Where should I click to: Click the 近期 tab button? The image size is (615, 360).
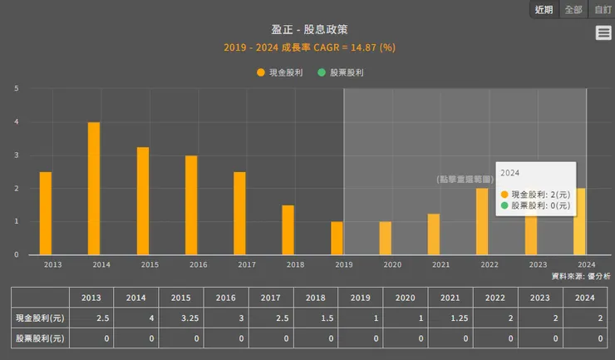544,10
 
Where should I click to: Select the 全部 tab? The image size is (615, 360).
573,10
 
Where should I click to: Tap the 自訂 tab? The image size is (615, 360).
602,10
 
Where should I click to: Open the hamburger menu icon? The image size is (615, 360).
603,32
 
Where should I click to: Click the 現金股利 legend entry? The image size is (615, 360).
280,72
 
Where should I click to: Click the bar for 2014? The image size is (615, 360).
94,189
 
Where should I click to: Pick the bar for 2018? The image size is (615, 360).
288,230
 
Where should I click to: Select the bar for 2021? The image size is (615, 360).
433,234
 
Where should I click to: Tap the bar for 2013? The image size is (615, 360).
46,214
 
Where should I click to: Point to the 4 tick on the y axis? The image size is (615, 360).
16,122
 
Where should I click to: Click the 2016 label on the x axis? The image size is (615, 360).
198,264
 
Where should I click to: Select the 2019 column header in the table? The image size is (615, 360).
360,297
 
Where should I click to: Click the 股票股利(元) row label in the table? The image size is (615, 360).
41,338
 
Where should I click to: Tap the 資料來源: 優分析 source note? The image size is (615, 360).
580,275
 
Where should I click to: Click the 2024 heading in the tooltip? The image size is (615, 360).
510,172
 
